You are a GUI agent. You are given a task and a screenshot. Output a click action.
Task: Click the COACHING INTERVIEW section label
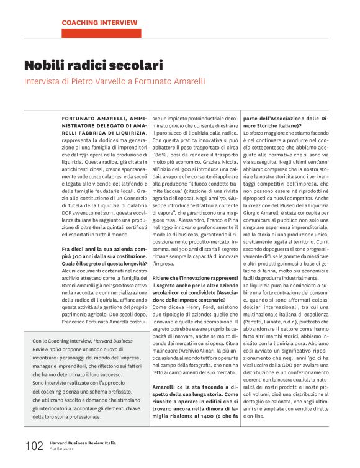click(x=99, y=23)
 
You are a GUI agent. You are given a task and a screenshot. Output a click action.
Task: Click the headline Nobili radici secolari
click(x=94, y=65)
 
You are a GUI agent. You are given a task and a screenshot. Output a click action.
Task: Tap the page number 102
click(x=34, y=446)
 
